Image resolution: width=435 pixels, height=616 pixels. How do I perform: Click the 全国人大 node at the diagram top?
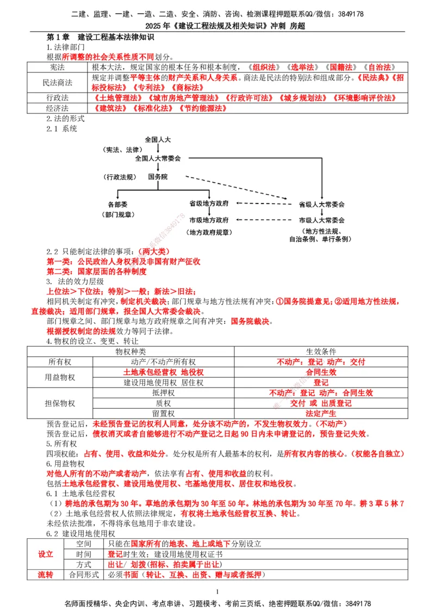point(158,140)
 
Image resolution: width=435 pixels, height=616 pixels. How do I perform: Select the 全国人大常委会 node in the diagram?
point(158,158)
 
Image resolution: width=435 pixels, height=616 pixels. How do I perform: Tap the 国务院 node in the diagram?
point(158,177)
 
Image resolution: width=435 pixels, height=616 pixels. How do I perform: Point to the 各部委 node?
point(117,205)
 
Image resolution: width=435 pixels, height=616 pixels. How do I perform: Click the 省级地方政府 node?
point(209,203)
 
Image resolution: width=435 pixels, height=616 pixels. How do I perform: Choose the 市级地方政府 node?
point(209,220)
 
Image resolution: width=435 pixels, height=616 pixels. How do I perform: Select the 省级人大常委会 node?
point(322,205)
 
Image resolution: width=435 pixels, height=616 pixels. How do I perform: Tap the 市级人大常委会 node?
point(322,220)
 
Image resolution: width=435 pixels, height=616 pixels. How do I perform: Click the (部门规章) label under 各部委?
point(117,214)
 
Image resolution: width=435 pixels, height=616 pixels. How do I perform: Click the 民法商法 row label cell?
point(57,83)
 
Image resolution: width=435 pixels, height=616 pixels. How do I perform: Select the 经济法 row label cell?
point(57,108)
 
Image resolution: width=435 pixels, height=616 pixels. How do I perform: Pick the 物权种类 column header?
point(130,352)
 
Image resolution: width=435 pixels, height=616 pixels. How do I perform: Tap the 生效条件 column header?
point(321,352)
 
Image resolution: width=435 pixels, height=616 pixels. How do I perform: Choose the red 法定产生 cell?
point(321,414)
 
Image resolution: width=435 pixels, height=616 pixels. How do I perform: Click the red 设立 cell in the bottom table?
point(46,554)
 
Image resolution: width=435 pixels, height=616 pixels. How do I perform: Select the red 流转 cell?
point(46,575)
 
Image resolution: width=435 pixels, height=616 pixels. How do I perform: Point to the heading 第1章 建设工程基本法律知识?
point(101,38)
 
